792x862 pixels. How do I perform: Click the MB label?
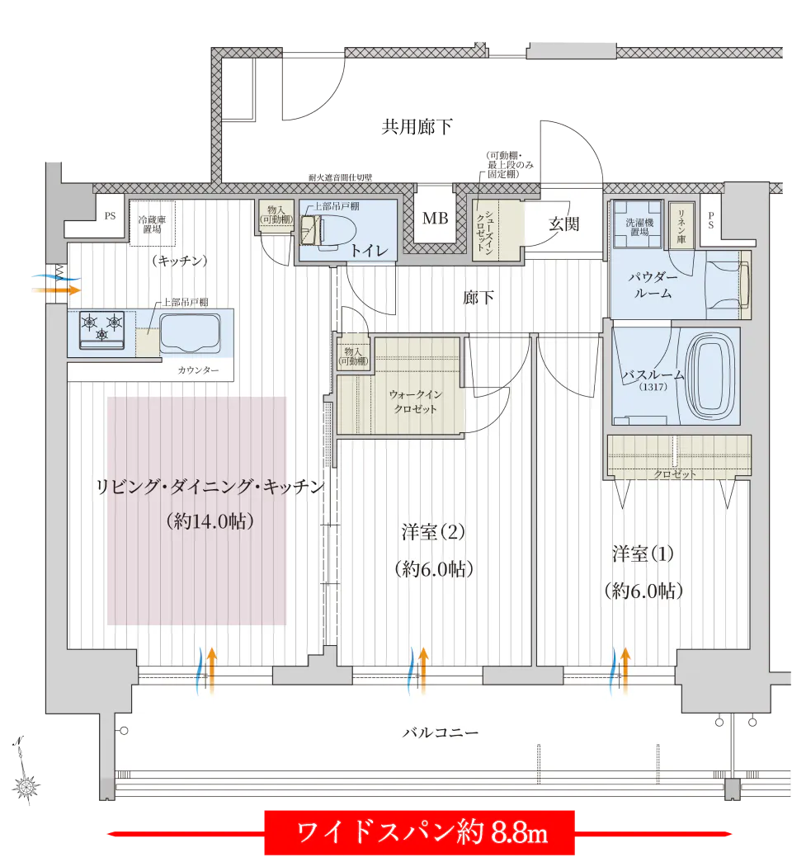pos(435,219)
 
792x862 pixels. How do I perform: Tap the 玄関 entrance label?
pos(563,224)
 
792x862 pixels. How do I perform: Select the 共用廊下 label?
pos(417,127)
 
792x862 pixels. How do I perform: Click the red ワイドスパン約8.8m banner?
pos(420,832)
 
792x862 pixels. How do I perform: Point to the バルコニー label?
pos(440,732)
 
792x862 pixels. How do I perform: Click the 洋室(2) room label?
pos(433,532)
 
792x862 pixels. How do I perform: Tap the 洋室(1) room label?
pos(643,553)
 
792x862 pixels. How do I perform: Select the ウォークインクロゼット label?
pos(415,402)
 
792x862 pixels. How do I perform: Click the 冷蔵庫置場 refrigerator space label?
pos(152,224)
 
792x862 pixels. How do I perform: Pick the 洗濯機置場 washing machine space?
pos(638,225)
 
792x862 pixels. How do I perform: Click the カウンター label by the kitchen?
pos(198,370)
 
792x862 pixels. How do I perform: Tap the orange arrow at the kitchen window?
pos(56,290)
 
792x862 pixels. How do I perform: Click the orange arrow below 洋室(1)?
pos(625,671)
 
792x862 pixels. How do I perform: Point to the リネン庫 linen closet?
pos(681,225)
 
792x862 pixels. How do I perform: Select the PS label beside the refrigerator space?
pos(110,216)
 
